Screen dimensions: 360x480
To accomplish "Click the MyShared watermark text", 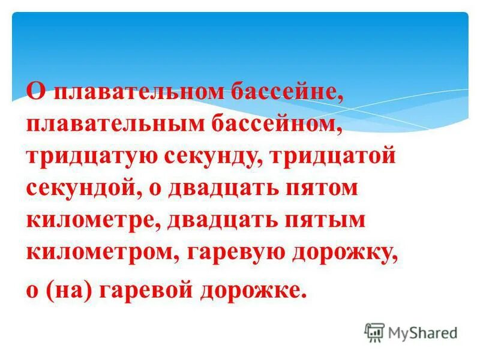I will (422, 332).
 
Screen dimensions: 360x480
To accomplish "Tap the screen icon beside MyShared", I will (374, 332).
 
